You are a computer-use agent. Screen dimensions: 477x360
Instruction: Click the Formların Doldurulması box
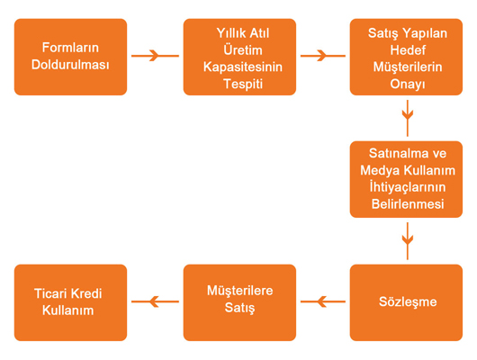[x=70, y=57]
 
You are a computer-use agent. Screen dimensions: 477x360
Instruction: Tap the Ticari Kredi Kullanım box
[x=70, y=302]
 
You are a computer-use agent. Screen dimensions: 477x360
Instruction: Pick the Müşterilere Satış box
[x=239, y=302]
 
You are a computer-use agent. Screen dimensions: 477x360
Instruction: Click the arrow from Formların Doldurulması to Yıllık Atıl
[x=155, y=56]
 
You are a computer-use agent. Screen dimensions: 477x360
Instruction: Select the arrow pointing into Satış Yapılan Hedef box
[x=323, y=56]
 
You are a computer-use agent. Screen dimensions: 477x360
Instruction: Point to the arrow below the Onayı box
[x=408, y=118]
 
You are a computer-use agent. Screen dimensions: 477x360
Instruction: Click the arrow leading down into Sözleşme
[x=408, y=241]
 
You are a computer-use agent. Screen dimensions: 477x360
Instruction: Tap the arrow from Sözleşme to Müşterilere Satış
[x=323, y=301]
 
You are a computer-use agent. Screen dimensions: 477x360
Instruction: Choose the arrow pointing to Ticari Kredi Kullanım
[x=155, y=301]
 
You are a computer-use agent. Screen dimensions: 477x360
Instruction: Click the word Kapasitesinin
[x=243, y=67]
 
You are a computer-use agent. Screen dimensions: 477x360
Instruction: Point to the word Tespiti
[x=243, y=84]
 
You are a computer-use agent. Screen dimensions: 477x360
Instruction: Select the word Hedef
[x=408, y=49]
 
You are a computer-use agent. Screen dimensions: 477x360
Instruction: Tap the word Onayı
[x=408, y=84]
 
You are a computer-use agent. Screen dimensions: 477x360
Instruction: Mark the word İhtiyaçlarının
[x=408, y=187]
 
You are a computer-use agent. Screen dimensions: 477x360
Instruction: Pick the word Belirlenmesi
[x=408, y=204]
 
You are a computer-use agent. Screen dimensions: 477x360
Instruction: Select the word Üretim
[x=243, y=49]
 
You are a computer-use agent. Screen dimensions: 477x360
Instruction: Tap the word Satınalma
[x=392, y=153]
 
